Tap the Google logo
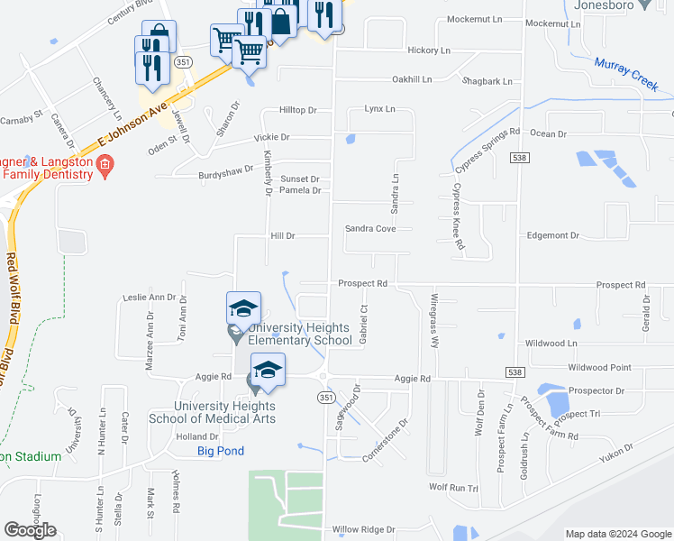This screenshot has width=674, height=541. click(30, 530)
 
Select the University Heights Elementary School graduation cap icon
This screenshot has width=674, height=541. click(243, 308)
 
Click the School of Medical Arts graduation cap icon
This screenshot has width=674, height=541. click(268, 369)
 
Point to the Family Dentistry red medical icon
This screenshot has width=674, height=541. click(105, 165)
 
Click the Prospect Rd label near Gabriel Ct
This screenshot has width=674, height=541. click(362, 283)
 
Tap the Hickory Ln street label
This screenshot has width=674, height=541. click(428, 50)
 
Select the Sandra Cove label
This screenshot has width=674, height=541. click(370, 229)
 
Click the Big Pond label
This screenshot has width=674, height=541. click(221, 451)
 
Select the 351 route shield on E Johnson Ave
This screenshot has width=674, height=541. click(183, 61)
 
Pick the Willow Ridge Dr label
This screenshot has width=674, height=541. click(364, 529)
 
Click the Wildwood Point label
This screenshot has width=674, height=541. click(598, 368)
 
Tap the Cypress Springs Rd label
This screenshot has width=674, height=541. click(487, 149)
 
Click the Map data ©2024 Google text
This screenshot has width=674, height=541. click(618, 534)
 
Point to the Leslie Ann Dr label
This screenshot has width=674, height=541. click(150, 297)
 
